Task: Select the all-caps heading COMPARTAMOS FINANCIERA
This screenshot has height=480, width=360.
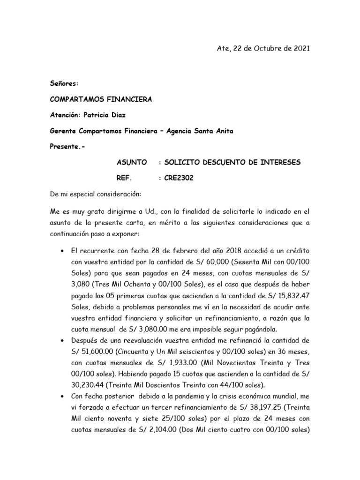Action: [x=88, y=99]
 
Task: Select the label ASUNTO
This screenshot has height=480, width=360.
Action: [x=132, y=163]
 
